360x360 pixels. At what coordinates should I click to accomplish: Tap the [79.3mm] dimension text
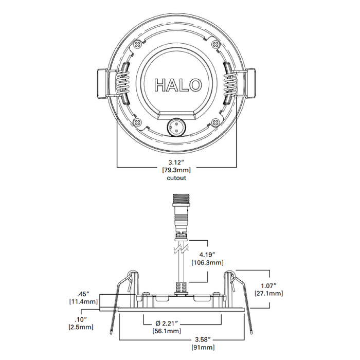tap(176, 170)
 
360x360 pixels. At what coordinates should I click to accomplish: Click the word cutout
tap(176, 178)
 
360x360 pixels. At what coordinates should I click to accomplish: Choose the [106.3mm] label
tap(207, 262)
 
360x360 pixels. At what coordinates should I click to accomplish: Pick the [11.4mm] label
tap(83, 303)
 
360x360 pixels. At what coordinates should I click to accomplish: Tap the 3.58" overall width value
tap(203, 340)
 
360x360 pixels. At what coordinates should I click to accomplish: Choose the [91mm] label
tap(203, 348)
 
